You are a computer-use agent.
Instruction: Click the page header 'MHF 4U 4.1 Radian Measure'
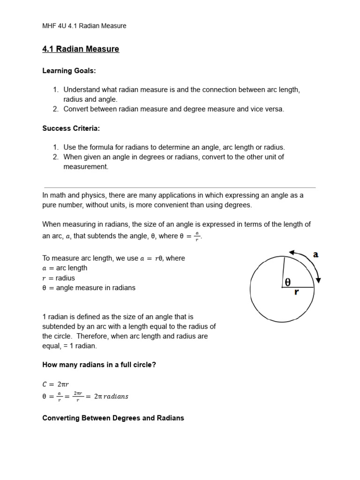(84, 26)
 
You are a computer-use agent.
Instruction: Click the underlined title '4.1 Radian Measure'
(81, 49)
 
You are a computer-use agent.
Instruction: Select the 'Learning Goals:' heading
(69, 71)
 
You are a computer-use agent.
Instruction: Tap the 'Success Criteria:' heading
(71, 128)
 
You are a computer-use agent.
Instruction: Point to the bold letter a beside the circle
(315, 255)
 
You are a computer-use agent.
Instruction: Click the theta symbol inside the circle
(288, 282)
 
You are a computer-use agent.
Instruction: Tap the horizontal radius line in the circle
(298, 287)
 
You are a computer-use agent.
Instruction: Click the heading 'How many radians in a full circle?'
(99, 365)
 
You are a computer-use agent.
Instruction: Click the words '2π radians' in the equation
(111, 397)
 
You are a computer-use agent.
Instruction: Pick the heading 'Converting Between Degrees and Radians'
(113, 418)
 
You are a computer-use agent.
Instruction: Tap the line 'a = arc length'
(65, 268)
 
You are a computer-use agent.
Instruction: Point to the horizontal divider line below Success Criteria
(179, 187)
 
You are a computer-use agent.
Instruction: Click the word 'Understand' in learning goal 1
(82, 90)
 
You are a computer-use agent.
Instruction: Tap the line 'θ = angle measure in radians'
(89, 288)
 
